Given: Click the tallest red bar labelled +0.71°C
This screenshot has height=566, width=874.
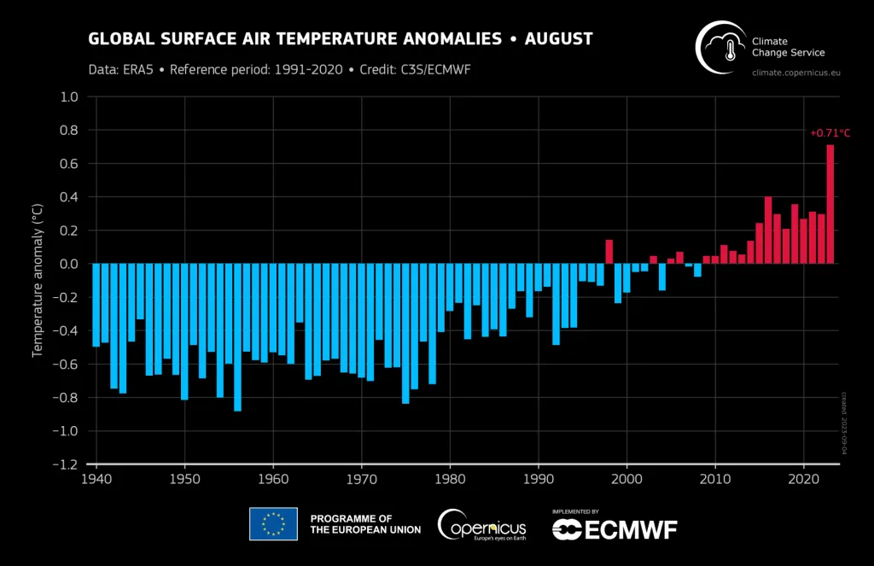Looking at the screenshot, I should click(830, 205).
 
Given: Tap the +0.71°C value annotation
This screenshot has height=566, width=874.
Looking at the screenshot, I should click(830, 133).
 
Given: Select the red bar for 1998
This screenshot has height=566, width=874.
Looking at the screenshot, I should click(609, 252).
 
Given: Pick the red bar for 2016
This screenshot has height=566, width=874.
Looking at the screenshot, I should click(768, 230).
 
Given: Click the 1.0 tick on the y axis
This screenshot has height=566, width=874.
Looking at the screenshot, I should click(69, 97).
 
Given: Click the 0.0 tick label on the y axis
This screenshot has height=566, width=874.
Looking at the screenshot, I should click(69, 264).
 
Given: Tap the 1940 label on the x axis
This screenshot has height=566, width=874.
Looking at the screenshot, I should click(96, 480).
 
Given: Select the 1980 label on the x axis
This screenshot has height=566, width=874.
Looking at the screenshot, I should click(450, 480).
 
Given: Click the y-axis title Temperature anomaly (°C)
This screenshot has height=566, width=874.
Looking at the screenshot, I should click(38, 282).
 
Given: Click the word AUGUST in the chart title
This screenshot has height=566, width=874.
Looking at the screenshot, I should click(558, 39).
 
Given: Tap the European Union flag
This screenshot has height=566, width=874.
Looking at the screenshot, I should click(273, 524).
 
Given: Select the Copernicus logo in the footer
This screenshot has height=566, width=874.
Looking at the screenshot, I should click(482, 524).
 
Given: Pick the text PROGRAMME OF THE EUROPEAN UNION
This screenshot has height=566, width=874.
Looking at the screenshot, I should click(365, 524).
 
